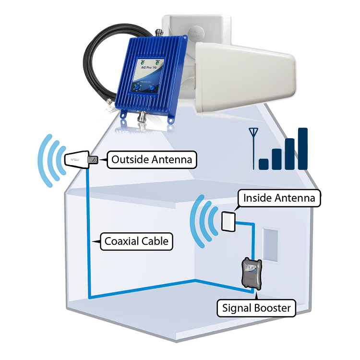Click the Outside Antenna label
click(152, 159)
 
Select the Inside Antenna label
click(279, 198)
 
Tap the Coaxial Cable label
click(136, 241)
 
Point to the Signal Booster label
click(256, 308)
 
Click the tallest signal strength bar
click(302, 148)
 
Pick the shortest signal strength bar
click(264, 164)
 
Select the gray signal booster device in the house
click(250, 274)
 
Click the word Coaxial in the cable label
click(120, 241)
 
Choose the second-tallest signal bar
click(289, 154)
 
